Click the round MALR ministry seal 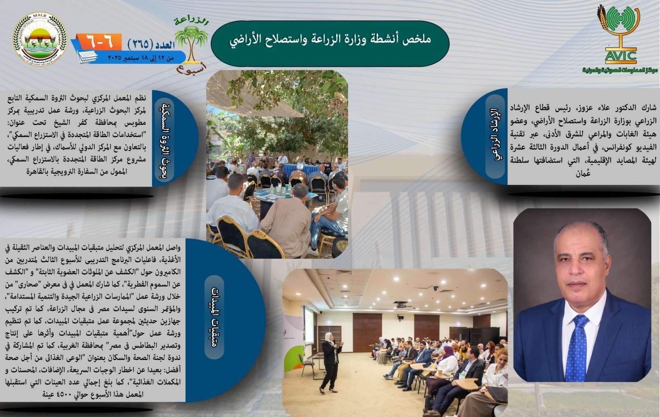40,39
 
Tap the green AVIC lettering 620,56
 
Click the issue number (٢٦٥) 140,45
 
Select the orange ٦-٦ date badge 99,42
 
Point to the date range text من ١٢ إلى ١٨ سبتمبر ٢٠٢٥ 141,57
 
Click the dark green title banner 330,43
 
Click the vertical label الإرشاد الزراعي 496,136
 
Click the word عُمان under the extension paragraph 583,173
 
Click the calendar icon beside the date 87,56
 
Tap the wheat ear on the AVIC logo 602,18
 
